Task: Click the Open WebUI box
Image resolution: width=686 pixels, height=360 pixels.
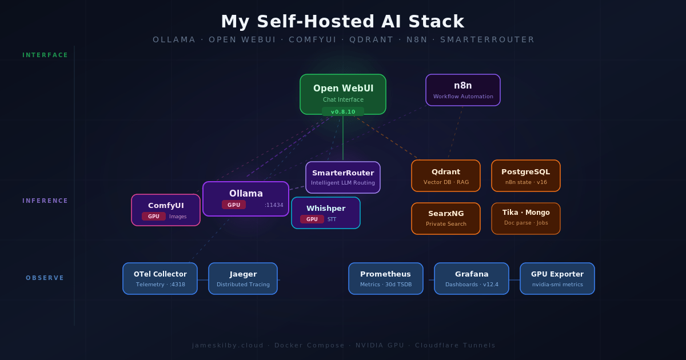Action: [343, 91]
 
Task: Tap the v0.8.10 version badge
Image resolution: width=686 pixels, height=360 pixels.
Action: [343, 112]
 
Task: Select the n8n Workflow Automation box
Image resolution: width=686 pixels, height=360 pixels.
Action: [463, 90]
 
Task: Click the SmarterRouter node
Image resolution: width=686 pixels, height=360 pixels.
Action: [343, 177]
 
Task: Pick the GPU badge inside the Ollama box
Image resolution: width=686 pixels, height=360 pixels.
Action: [234, 205]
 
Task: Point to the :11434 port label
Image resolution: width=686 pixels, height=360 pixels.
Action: [274, 205]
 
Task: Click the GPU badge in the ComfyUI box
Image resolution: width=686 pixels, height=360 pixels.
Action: [154, 217]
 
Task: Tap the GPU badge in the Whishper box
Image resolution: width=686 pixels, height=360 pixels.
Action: [312, 219]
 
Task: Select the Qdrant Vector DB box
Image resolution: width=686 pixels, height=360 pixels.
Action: [446, 175]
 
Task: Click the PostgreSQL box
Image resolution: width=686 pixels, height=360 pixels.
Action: [526, 175]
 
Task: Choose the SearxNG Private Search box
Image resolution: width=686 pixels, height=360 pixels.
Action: [446, 218]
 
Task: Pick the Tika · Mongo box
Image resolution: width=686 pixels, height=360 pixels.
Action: [526, 218]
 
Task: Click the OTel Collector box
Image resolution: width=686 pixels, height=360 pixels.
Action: [160, 278]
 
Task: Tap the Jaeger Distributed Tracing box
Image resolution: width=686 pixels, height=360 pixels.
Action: [243, 278]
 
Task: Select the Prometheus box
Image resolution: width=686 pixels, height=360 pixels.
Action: [386, 278]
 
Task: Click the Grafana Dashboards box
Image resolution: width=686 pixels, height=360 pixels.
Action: [472, 278]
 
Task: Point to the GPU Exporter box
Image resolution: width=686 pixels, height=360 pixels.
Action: [557, 278]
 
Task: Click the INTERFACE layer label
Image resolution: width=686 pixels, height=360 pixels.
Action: [45, 55]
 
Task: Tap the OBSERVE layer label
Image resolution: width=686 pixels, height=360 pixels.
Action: [45, 278]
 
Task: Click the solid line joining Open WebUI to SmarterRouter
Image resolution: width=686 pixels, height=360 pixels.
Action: [343, 140]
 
